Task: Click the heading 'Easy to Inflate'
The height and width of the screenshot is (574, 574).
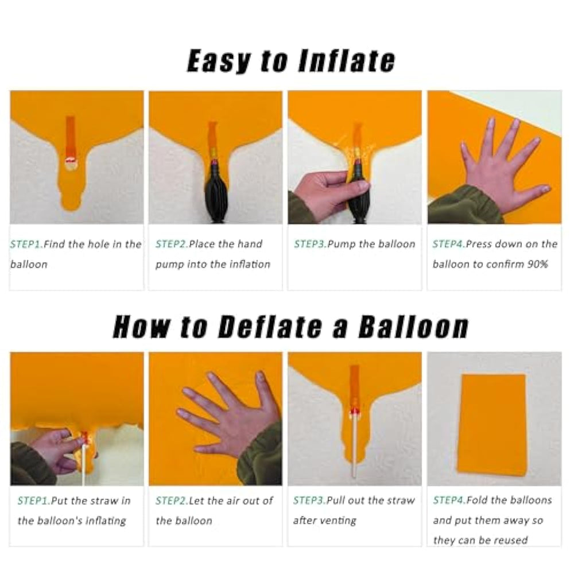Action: [291, 61]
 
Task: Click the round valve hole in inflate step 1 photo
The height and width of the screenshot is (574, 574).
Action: [70, 163]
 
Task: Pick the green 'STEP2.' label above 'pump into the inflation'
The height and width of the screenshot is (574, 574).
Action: [172, 244]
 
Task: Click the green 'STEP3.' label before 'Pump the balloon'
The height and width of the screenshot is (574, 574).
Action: [311, 244]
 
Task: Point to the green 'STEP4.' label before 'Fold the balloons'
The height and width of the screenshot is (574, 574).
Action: [449, 500]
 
